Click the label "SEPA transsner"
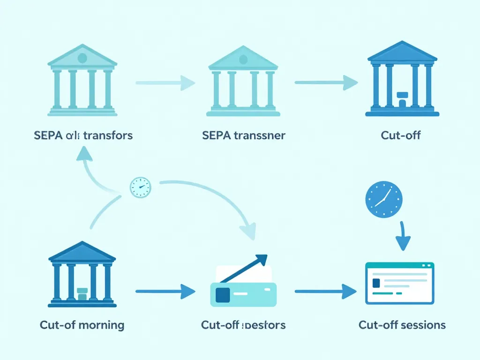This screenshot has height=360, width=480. pos(244,136)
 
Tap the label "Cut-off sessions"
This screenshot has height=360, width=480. pos(402,325)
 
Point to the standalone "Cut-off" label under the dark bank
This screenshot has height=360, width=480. pos(401,136)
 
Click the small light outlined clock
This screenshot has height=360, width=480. pos(140,187)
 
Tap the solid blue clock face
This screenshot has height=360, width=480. pos(384,199)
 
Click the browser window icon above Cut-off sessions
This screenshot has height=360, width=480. pos(399,283)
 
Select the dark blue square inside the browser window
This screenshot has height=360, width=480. pos(375,284)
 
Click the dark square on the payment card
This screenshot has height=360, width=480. pos(222,294)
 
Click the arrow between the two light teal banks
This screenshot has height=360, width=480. pos(165,83)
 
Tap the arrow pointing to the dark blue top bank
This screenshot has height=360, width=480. pos(326,83)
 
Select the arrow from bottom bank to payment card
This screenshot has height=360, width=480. pos(165,292)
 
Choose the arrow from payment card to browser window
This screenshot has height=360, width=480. pos(326,292)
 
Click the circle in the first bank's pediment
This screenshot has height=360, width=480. pos(82,58)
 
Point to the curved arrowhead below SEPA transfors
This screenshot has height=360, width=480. pos(85,153)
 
